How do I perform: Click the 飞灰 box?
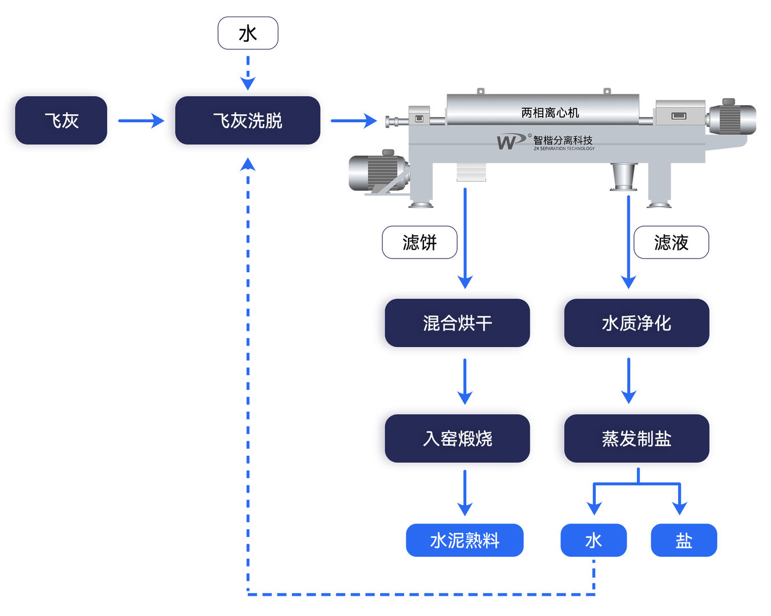coord(61,120)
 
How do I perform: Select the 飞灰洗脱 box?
coord(247,120)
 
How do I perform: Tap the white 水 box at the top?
coord(248,33)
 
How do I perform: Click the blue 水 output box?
coord(594,540)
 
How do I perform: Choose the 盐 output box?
coord(684,540)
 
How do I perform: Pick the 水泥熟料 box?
coord(465,540)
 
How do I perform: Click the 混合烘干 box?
coord(457,323)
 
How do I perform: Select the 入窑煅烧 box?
coord(457,438)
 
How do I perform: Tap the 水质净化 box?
coord(636,323)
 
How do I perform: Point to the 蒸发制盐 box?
coord(636,438)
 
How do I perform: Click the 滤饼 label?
coord(419,242)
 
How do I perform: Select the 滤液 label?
coord(671,242)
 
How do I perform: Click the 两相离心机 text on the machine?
coord(550,112)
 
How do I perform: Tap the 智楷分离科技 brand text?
coord(563,140)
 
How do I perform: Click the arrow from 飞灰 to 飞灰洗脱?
coord(140,120)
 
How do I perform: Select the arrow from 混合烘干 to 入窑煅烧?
coord(465,381)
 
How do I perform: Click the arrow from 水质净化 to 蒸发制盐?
coord(628,381)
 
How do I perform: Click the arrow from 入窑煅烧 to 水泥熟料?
coord(465,493)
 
